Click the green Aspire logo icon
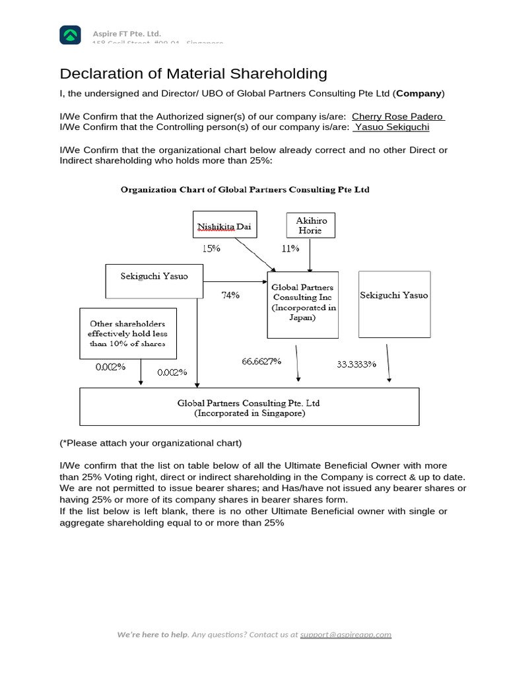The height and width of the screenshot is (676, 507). (71, 34)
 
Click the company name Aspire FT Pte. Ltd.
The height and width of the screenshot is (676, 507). (126, 34)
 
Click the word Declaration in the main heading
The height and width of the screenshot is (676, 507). (100, 73)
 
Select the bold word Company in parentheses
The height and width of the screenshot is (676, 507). (419, 93)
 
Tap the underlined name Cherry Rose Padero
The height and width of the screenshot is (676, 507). (398, 117)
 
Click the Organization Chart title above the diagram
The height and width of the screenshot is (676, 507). (244, 189)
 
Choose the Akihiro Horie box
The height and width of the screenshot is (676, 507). (310, 224)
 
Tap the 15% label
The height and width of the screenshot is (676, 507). (212, 248)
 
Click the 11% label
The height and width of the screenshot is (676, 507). (290, 248)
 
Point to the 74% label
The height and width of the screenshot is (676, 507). (230, 295)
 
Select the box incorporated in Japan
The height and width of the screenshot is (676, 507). (302, 303)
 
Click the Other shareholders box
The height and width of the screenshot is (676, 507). (127, 333)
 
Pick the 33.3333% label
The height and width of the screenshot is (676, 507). (356, 364)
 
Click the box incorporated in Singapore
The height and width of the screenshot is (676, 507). (249, 407)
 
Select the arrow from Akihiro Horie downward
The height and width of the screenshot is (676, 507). (310, 254)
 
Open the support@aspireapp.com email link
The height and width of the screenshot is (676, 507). (345, 634)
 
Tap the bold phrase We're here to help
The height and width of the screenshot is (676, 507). (152, 634)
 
